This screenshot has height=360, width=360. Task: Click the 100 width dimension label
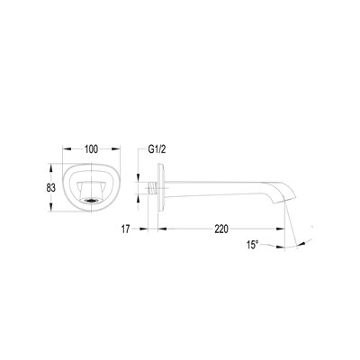pyautogui.click(x=91, y=149)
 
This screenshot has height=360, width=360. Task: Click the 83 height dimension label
pyautogui.click(x=51, y=188)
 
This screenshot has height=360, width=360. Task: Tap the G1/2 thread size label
pyautogui.click(x=157, y=149)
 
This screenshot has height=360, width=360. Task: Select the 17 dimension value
pyautogui.click(x=125, y=229)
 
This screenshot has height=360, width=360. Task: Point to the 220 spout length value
pyautogui.click(x=221, y=229)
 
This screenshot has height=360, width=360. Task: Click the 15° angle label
pyautogui.click(x=253, y=245)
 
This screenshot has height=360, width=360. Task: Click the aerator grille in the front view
pyautogui.click(x=91, y=201)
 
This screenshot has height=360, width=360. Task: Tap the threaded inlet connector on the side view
pyautogui.click(x=153, y=188)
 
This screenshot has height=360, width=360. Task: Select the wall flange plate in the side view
pyautogui.click(x=161, y=188)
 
